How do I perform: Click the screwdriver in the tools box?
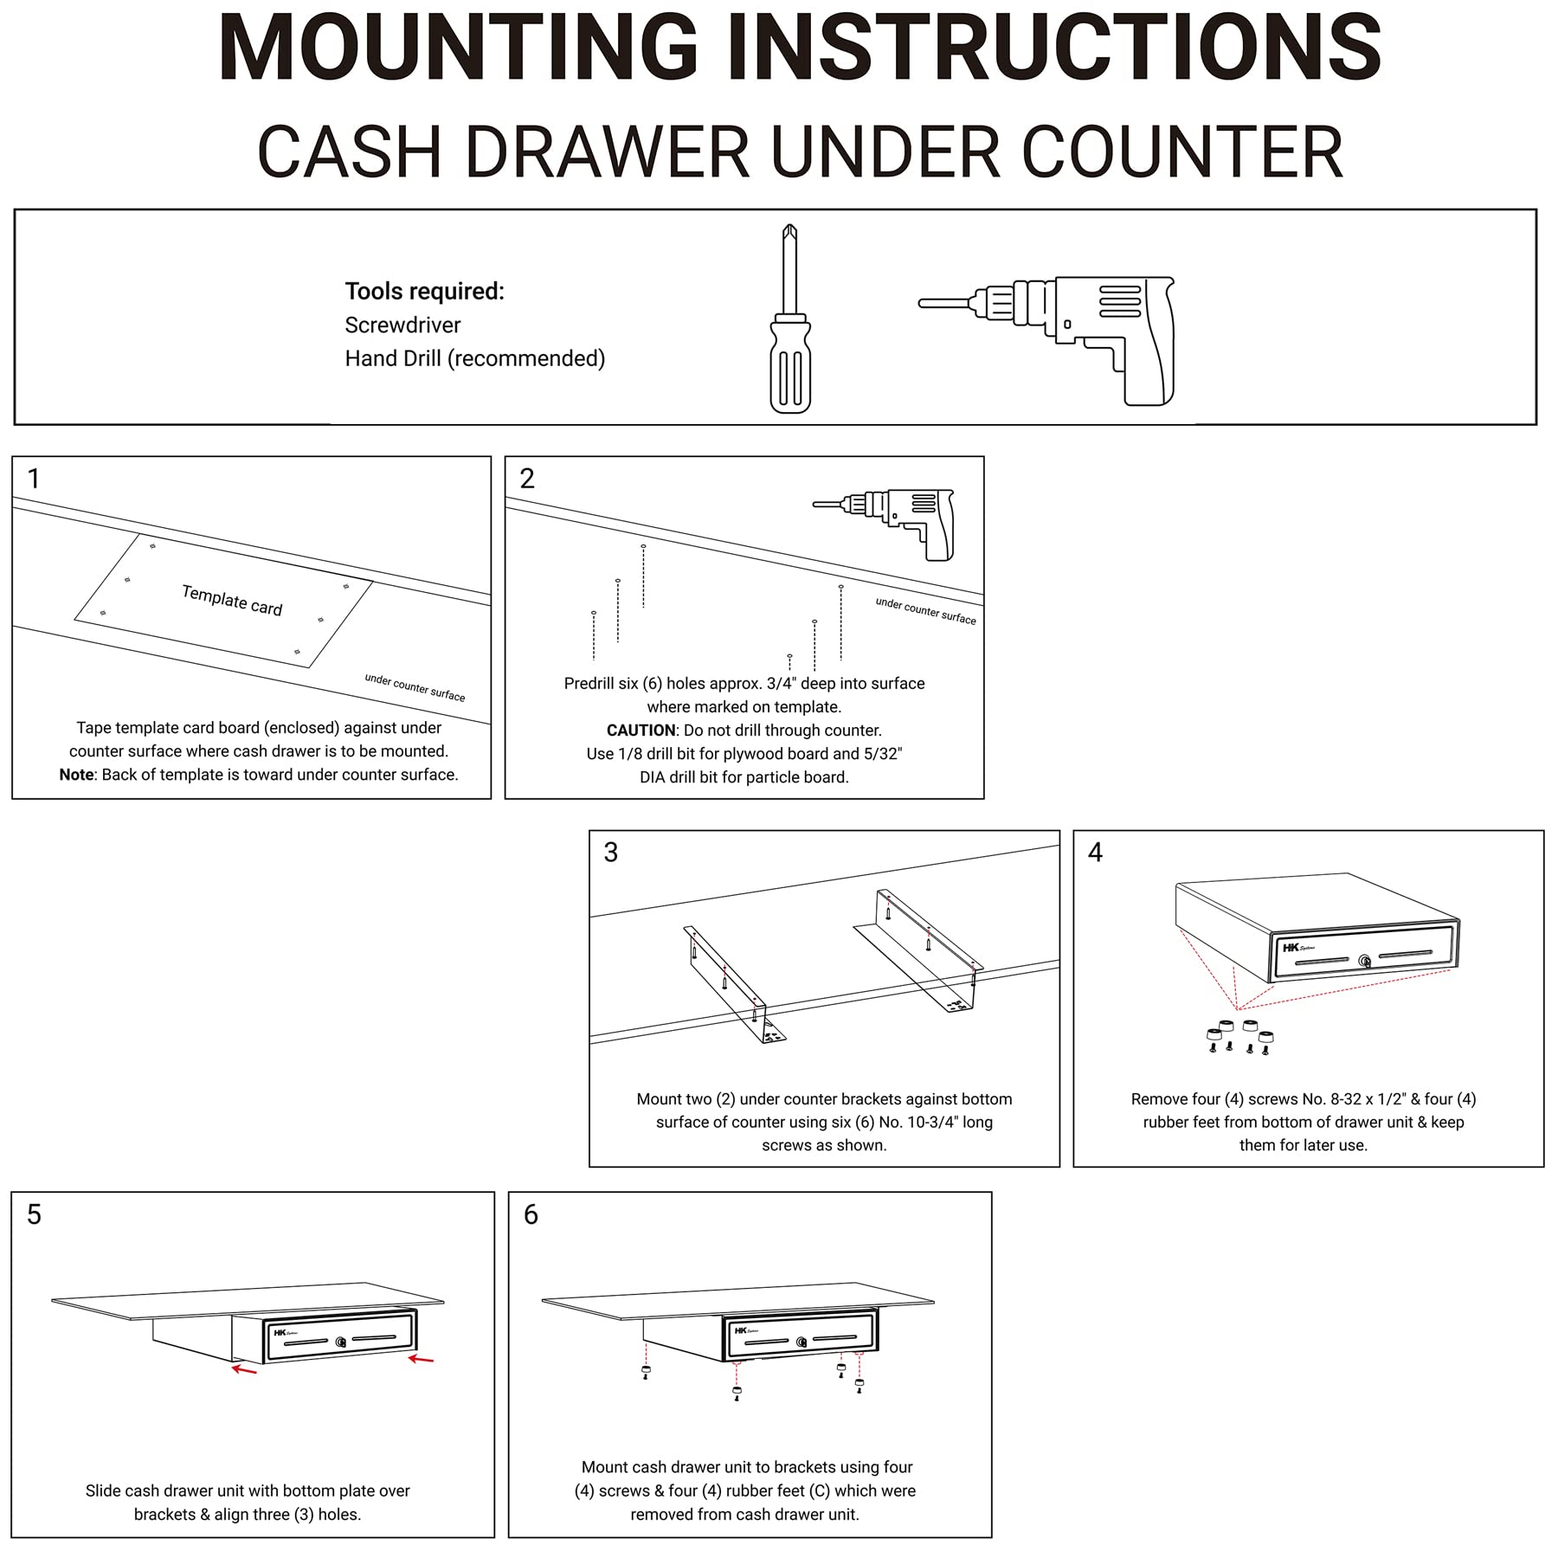click(x=789, y=320)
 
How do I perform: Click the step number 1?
click(x=34, y=479)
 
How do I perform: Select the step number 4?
click(x=1095, y=853)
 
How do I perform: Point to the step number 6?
click(x=531, y=1214)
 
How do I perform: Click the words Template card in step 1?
click(x=232, y=600)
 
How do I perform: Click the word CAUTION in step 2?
click(x=641, y=731)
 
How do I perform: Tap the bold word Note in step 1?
click(x=76, y=775)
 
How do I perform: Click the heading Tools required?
click(x=424, y=292)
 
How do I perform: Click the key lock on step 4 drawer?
click(x=1365, y=962)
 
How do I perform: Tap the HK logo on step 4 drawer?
click(x=1291, y=948)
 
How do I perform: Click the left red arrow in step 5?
click(x=244, y=1369)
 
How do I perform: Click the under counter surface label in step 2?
click(x=925, y=611)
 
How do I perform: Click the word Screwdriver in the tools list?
click(x=402, y=325)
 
